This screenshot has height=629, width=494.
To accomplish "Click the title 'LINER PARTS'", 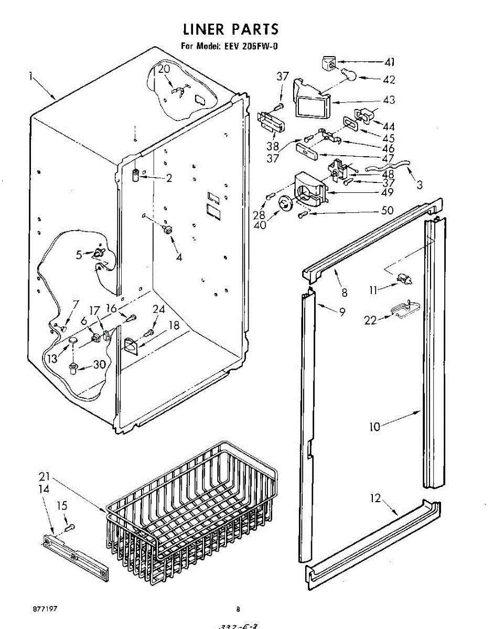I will coord(230,29).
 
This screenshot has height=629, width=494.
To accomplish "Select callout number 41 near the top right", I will coord(389,63).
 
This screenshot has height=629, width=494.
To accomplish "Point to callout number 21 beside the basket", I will coord(45,478).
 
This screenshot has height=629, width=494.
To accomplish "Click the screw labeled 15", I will coord(71,526).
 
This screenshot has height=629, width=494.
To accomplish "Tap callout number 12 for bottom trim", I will coord(376,498).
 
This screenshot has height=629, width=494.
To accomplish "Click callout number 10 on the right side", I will coord(374,427).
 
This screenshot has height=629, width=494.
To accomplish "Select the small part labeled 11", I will coord(404,279).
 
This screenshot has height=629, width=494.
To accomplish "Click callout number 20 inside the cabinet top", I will coord(164,69).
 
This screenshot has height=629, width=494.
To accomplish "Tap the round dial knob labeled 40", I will coord(286,203).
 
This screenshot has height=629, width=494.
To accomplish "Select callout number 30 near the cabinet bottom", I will coord(100,365).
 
